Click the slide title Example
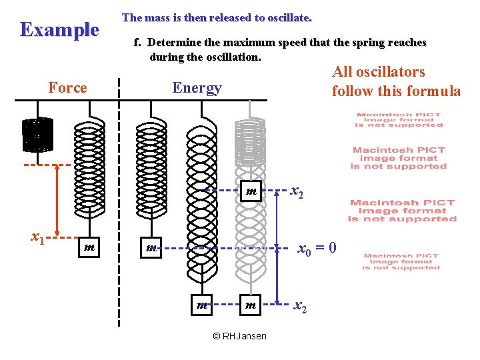[x=59, y=30]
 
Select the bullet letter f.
[x=137, y=43]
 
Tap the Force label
[x=68, y=88]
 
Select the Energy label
[x=197, y=88]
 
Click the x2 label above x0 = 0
[x=297, y=192]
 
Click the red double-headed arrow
[x=57, y=199]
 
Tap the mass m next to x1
[x=88, y=247]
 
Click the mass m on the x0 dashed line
[x=151, y=248]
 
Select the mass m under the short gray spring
[x=251, y=192]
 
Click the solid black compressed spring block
[x=37, y=135]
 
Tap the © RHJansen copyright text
[x=239, y=336]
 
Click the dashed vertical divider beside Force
[x=119, y=200]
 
